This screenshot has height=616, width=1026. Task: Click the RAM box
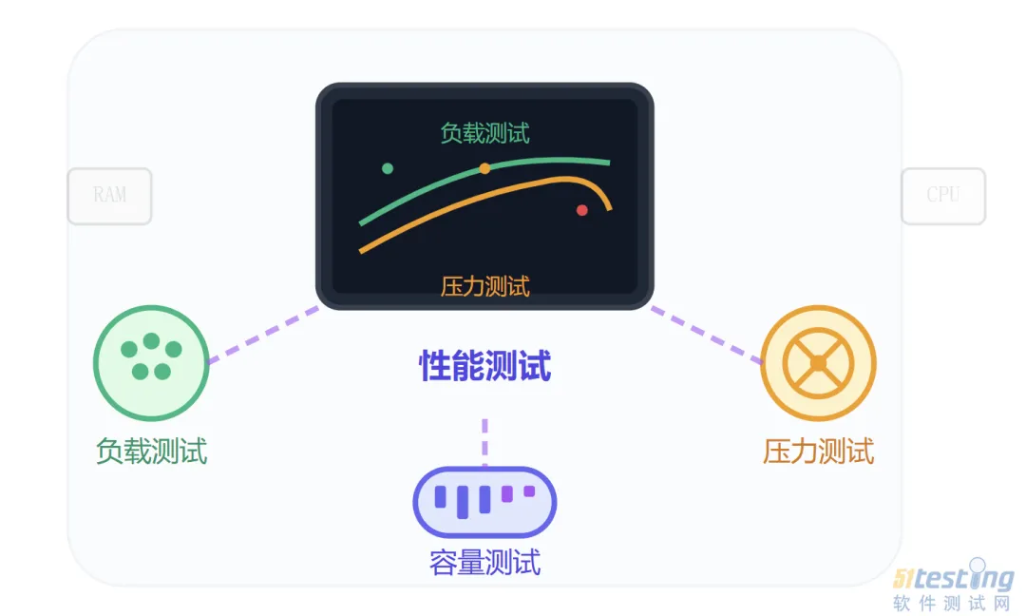(109, 196)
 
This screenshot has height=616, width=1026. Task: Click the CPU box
(942, 196)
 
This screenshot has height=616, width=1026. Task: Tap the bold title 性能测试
(484, 366)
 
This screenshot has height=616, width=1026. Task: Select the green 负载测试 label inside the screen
(484, 133)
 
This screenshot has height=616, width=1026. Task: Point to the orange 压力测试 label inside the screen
(484, 285)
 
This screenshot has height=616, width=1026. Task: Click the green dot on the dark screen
(388, 168)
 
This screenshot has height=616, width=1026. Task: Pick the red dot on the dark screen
(582, 210)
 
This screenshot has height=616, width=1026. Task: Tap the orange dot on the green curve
(484, 168)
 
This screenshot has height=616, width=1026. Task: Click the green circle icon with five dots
(151, 362)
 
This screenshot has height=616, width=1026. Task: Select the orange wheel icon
(818, 362)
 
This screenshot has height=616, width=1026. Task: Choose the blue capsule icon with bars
(484, 501)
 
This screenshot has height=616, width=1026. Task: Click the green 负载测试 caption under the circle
(151, 451)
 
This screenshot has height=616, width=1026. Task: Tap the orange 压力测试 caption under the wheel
(818, 451)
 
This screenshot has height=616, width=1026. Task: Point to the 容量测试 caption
(484, 563)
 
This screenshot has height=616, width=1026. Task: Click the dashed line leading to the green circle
(263, 335)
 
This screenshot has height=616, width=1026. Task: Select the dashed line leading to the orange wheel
(707, 335)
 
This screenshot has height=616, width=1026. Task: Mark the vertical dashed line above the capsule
(484, 442)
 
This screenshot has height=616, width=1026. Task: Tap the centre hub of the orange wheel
(818, 362)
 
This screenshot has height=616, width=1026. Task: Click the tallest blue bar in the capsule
(463, 502)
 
